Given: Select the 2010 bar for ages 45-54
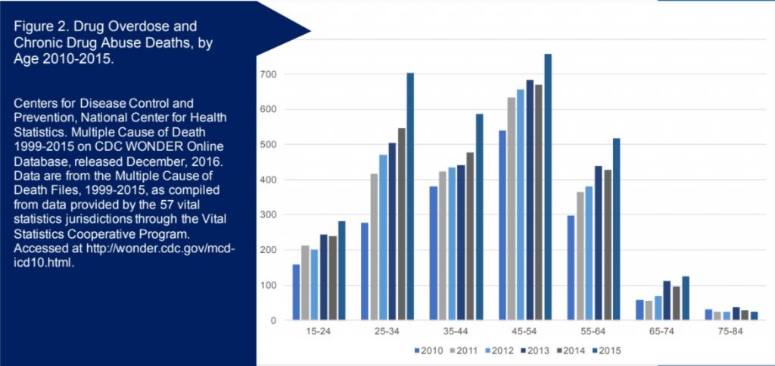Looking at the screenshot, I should pyautogui.click(x=500, y=225).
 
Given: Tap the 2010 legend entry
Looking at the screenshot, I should pyautogui.click(x=429, y=349).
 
